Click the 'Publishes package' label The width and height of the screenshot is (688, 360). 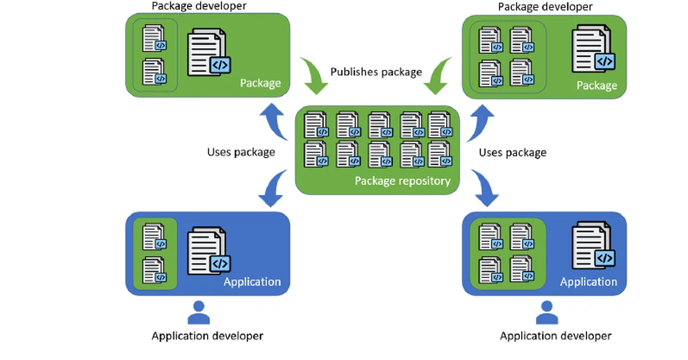point(376,72)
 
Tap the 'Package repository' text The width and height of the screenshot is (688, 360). point(402,181)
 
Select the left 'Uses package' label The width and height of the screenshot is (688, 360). point(241,152)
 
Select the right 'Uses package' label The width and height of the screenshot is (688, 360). point(513,152)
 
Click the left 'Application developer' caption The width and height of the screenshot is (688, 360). point(208,336)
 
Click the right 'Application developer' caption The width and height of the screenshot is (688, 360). point(556,336)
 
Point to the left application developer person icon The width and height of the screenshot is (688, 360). point(199,312)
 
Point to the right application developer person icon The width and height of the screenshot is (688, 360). point(547,312)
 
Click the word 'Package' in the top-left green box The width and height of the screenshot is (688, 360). point(260,83)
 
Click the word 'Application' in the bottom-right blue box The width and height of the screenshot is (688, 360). point(588,281)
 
